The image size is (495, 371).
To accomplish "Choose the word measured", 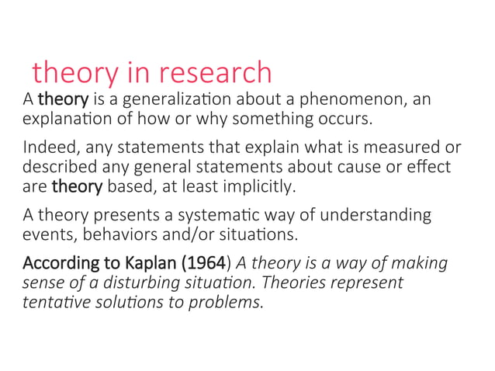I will coord(393,148).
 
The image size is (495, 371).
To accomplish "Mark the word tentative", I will coord(54,300).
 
